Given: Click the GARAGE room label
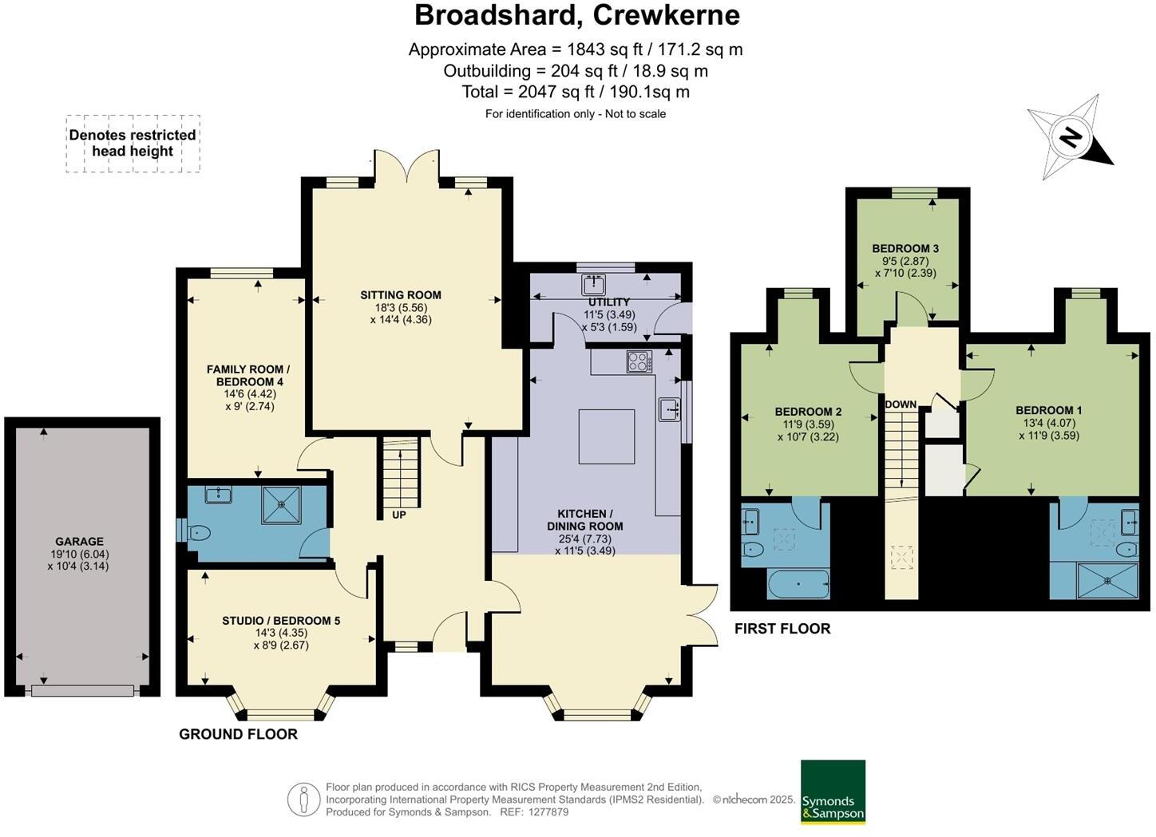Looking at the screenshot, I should coord(79,542).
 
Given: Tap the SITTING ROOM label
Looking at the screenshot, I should coord(400,295).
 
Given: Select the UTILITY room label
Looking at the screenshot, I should coord(609,302).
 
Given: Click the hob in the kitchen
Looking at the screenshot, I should coord(639,361).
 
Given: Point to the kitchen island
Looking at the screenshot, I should coord(607,436).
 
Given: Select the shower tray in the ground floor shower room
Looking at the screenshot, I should coord(281,505).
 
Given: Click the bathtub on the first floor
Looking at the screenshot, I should coord(798,584).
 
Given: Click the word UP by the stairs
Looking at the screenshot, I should coord(399,515).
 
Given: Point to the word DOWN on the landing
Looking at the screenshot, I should coord(901,405).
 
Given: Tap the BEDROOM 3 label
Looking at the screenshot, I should coord(905,248).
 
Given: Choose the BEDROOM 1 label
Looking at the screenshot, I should coord(1048,410).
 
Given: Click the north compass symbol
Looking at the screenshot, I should coord(1070,137).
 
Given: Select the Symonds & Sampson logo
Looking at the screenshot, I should coord(833,792).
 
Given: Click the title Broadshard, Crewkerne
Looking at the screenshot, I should coord(576,15).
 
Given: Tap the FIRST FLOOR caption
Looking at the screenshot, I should coord(782,629).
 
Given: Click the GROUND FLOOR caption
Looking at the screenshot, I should coord(238,734).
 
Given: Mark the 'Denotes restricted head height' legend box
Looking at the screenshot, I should coord(133,144).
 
